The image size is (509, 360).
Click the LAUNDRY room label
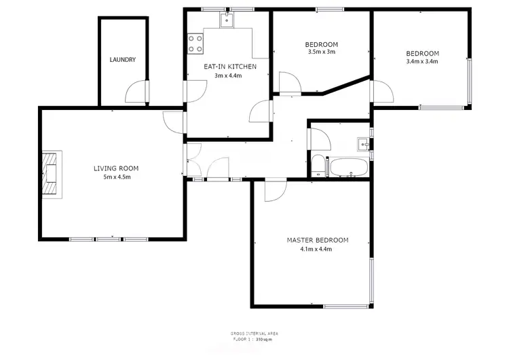[x=123, y=60]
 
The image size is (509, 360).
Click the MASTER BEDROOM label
[x=317, y=240]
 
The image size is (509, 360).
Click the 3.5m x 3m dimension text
[x=322, y=52]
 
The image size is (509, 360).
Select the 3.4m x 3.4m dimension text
[x=422, y=62]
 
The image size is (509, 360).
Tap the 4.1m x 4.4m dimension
[x=317, y=249]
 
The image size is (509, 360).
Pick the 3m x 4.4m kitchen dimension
[x=228, y=75]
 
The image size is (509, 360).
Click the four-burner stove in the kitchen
[x=195, y=43]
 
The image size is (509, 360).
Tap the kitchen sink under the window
[x=227, y=20]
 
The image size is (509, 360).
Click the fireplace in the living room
[x=50, y=173]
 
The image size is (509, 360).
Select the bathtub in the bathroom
[x=347, y=168]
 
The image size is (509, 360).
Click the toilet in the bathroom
[x=318, y=165]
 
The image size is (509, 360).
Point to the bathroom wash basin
[x=364, y=143]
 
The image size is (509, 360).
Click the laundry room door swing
[x=138, y=92]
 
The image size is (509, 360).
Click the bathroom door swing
[x=320, y=139]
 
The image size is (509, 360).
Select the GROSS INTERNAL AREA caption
[x=254, y=333]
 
